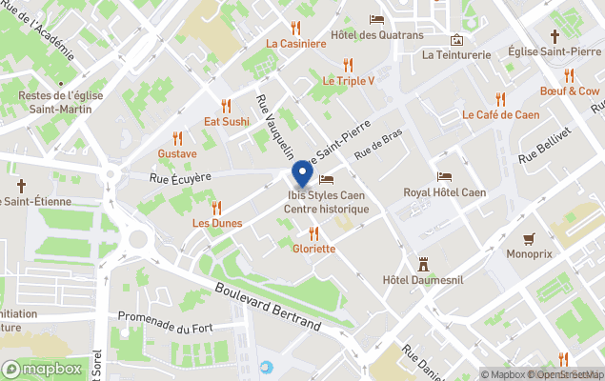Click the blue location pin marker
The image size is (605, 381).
(x=302, y=174)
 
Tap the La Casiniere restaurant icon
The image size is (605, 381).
(x=295, y=28)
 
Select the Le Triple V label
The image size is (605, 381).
(x=348, y=81)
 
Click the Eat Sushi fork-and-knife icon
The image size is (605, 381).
(x=226, y=106)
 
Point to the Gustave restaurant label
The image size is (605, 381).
(x=177, y=153)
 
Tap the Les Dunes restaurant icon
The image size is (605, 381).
(x=216, y=207)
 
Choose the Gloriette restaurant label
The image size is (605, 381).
(x=313, y=249)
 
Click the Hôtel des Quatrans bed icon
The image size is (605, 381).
(x=376, y=20)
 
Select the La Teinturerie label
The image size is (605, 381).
(x=456, y=54)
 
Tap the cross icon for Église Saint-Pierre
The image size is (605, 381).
(x=555, y=36)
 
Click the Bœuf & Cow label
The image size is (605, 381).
(x=570, y=91)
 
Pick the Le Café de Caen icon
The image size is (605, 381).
(x=500, y=99)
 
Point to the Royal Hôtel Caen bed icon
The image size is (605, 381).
(x=444, y=176)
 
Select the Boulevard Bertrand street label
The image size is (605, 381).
(x=267, y=307)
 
